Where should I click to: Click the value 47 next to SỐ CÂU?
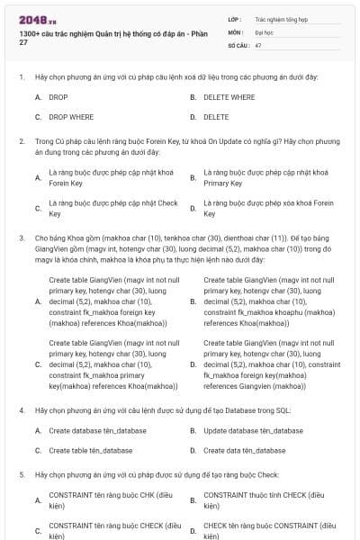coord(258,44)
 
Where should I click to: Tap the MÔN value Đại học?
coord(265,31)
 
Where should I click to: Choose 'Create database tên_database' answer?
coord(97,430)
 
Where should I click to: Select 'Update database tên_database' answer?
coord(253,430)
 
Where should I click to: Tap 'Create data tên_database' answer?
coord(245,450)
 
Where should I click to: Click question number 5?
coord(21,473)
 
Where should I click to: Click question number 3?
coord(21,238)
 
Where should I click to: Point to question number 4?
coord(21,409)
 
